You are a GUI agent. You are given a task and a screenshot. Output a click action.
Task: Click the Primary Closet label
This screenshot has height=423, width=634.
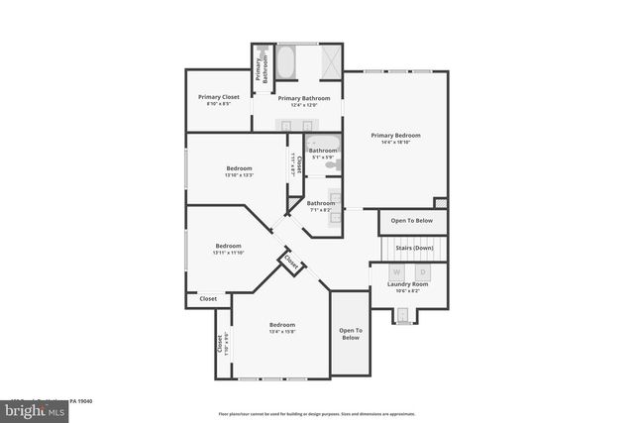[x=218, y=97]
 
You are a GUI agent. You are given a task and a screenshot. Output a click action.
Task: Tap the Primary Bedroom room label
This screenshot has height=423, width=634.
[x=395, y=135]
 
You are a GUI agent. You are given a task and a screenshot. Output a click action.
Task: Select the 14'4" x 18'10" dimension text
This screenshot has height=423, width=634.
[x=395, y=143]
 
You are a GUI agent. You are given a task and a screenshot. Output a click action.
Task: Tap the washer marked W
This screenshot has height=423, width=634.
[x=396, y=271]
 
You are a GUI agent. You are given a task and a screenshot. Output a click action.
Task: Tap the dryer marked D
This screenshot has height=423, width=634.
[x=422, y=271]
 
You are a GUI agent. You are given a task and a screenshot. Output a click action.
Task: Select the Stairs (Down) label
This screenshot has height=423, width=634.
[x=414, y=248]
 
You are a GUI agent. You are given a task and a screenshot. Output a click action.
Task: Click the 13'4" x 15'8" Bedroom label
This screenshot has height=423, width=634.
[x=282, y=325]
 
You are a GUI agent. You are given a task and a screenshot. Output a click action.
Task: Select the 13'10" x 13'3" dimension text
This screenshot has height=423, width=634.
[x=239, y=175]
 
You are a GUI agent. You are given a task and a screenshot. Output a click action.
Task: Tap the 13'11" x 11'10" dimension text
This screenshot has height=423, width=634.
[x=228, y=253]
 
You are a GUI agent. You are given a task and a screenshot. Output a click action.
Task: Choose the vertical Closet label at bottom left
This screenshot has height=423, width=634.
[x=219, y=345]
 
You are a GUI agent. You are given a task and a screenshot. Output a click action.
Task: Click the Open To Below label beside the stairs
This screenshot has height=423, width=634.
[x=411, y=220]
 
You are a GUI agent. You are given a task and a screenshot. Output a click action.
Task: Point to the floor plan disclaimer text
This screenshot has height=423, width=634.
[x=316, y=413]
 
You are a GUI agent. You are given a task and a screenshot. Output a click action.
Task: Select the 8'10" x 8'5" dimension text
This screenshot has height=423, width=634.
[x=218, y=104]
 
